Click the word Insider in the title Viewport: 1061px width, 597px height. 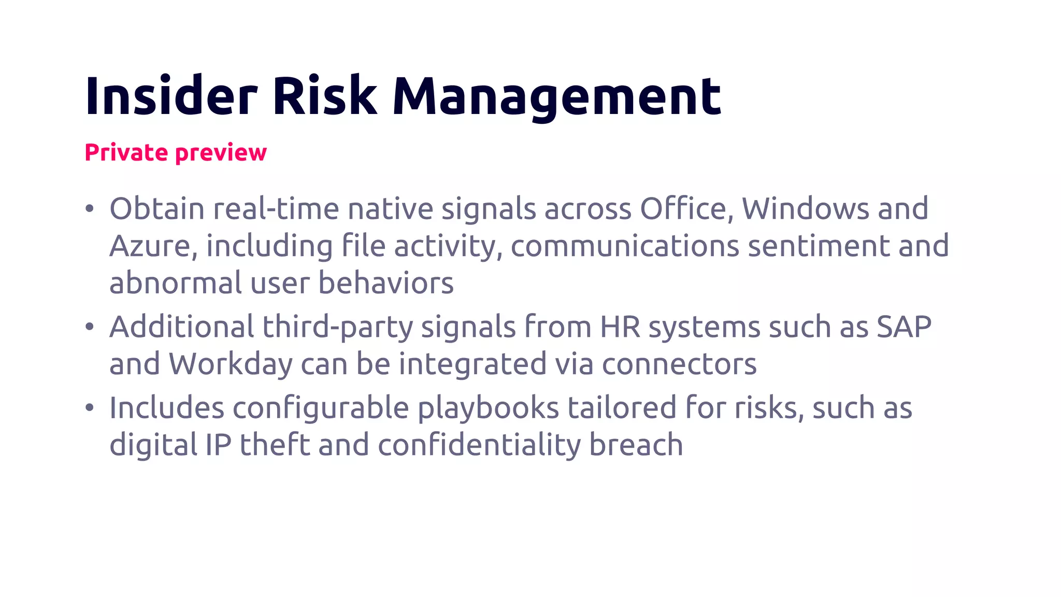[171, 96]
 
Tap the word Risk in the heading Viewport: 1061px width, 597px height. [325, 96]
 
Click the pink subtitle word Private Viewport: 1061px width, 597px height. [126, 152]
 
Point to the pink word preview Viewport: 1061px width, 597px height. [221, 153]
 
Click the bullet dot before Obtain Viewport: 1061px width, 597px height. [90, 209]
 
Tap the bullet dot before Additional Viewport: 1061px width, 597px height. [90, 327]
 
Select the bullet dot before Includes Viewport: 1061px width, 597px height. [90, 408]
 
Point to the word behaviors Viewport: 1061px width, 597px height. [385, 283]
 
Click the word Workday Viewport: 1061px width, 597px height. [231, 364]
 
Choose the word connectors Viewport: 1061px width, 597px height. [679, 364]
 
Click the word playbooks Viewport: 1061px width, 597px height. [488, 408]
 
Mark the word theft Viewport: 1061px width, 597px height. [275, 445]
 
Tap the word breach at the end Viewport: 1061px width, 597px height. [636, 445]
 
